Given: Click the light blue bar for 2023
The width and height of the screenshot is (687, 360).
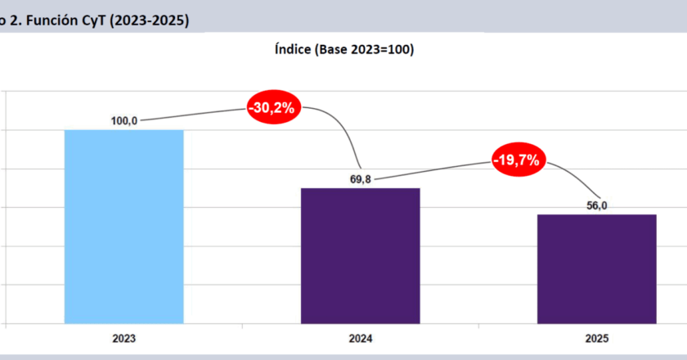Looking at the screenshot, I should point(123,226).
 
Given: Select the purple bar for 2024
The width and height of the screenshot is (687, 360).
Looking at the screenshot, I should point(360,255).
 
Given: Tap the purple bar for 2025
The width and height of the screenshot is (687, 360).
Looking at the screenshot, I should point(597,268).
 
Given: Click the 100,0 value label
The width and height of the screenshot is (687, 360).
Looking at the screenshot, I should point(123,121).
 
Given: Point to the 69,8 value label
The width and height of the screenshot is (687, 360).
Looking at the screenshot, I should point(361,179).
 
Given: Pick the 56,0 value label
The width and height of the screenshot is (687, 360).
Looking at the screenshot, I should point(596,205).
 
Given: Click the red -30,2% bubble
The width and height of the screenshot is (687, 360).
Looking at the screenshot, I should point(274,107).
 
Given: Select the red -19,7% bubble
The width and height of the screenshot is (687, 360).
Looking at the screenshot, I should point(517,160).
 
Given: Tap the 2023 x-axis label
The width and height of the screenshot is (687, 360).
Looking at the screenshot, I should point(124,338).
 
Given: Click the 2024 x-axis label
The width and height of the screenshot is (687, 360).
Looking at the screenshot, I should point(361,338).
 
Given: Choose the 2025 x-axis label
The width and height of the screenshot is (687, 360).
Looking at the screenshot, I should point(596,338).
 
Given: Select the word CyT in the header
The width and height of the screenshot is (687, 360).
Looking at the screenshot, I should point(101,22).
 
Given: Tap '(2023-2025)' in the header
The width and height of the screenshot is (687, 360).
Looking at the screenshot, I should point(155,22).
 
